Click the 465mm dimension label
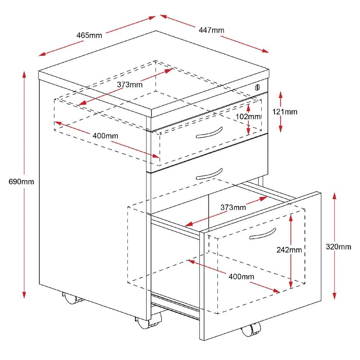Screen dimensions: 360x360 point(89,35)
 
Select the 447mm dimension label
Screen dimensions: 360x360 point(211,30)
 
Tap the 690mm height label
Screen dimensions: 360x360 point(21,181)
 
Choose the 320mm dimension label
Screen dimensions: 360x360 point(338,247)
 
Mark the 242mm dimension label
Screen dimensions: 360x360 point(289,249)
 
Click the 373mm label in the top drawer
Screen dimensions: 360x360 point(130,85)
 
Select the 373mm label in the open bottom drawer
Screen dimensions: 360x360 point(233,207)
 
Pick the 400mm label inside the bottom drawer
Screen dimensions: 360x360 point(241,276)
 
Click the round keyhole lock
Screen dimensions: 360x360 point(257,87)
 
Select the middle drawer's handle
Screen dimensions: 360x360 point(209,174)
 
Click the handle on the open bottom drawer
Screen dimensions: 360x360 point(262,234)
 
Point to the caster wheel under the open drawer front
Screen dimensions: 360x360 point(251,329)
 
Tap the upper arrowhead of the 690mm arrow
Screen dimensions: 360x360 point(24,75)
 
